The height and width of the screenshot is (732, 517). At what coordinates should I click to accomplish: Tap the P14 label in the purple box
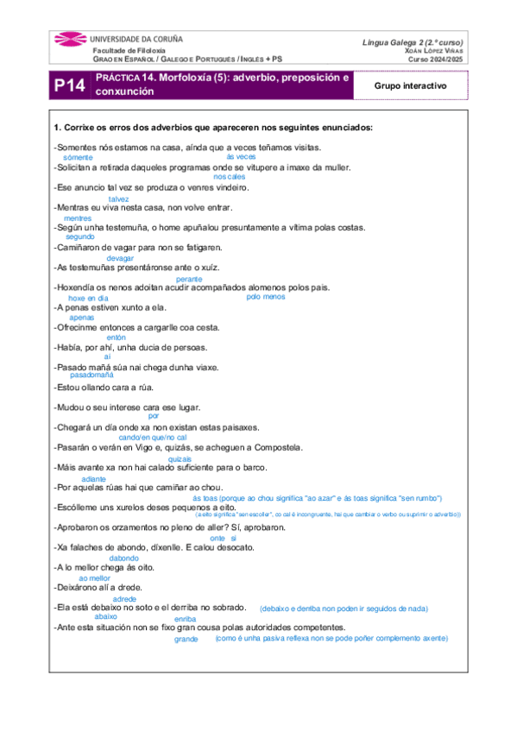point(69,85)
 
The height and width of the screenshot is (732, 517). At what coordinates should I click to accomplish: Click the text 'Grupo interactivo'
point(409,85)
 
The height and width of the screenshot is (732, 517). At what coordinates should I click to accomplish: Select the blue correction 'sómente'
point(79,158)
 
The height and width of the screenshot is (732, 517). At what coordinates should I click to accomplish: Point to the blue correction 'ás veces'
point(241,157)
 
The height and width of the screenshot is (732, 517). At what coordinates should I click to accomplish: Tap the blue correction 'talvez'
point(118,199)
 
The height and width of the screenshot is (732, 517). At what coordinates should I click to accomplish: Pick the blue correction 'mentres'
point(78,218)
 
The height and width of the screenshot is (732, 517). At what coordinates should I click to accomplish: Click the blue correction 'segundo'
point(79,237)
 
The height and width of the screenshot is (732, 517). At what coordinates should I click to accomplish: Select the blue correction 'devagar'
point(120,258)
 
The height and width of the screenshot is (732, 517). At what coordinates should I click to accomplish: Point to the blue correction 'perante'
point(189,280)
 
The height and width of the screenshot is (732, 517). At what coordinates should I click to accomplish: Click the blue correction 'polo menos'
point(265,297)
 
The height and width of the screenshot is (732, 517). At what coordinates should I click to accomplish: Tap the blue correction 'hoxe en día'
point(88,298)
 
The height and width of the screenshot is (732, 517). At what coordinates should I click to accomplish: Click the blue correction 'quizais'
point(180,459)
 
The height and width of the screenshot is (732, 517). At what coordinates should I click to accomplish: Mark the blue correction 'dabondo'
point(124,558)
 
